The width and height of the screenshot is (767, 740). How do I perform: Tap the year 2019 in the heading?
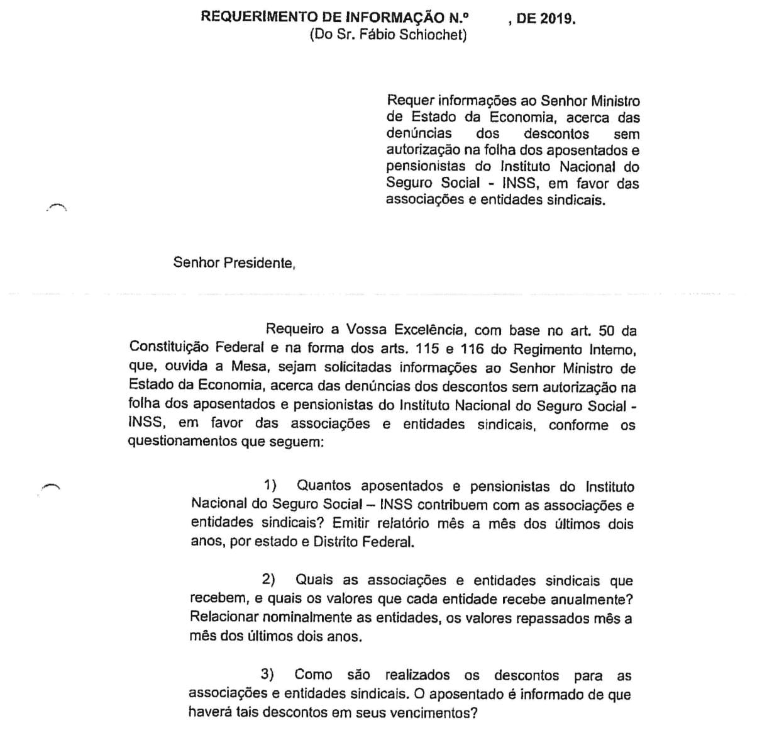[555, 19]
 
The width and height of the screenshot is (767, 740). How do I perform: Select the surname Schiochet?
[434, 35]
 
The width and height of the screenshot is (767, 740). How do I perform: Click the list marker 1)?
[270, 486]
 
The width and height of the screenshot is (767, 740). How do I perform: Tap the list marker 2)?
[269, 580]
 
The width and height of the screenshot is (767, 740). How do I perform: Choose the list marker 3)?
[268, 675]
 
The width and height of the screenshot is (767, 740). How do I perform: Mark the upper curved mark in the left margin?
[56, 205]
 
